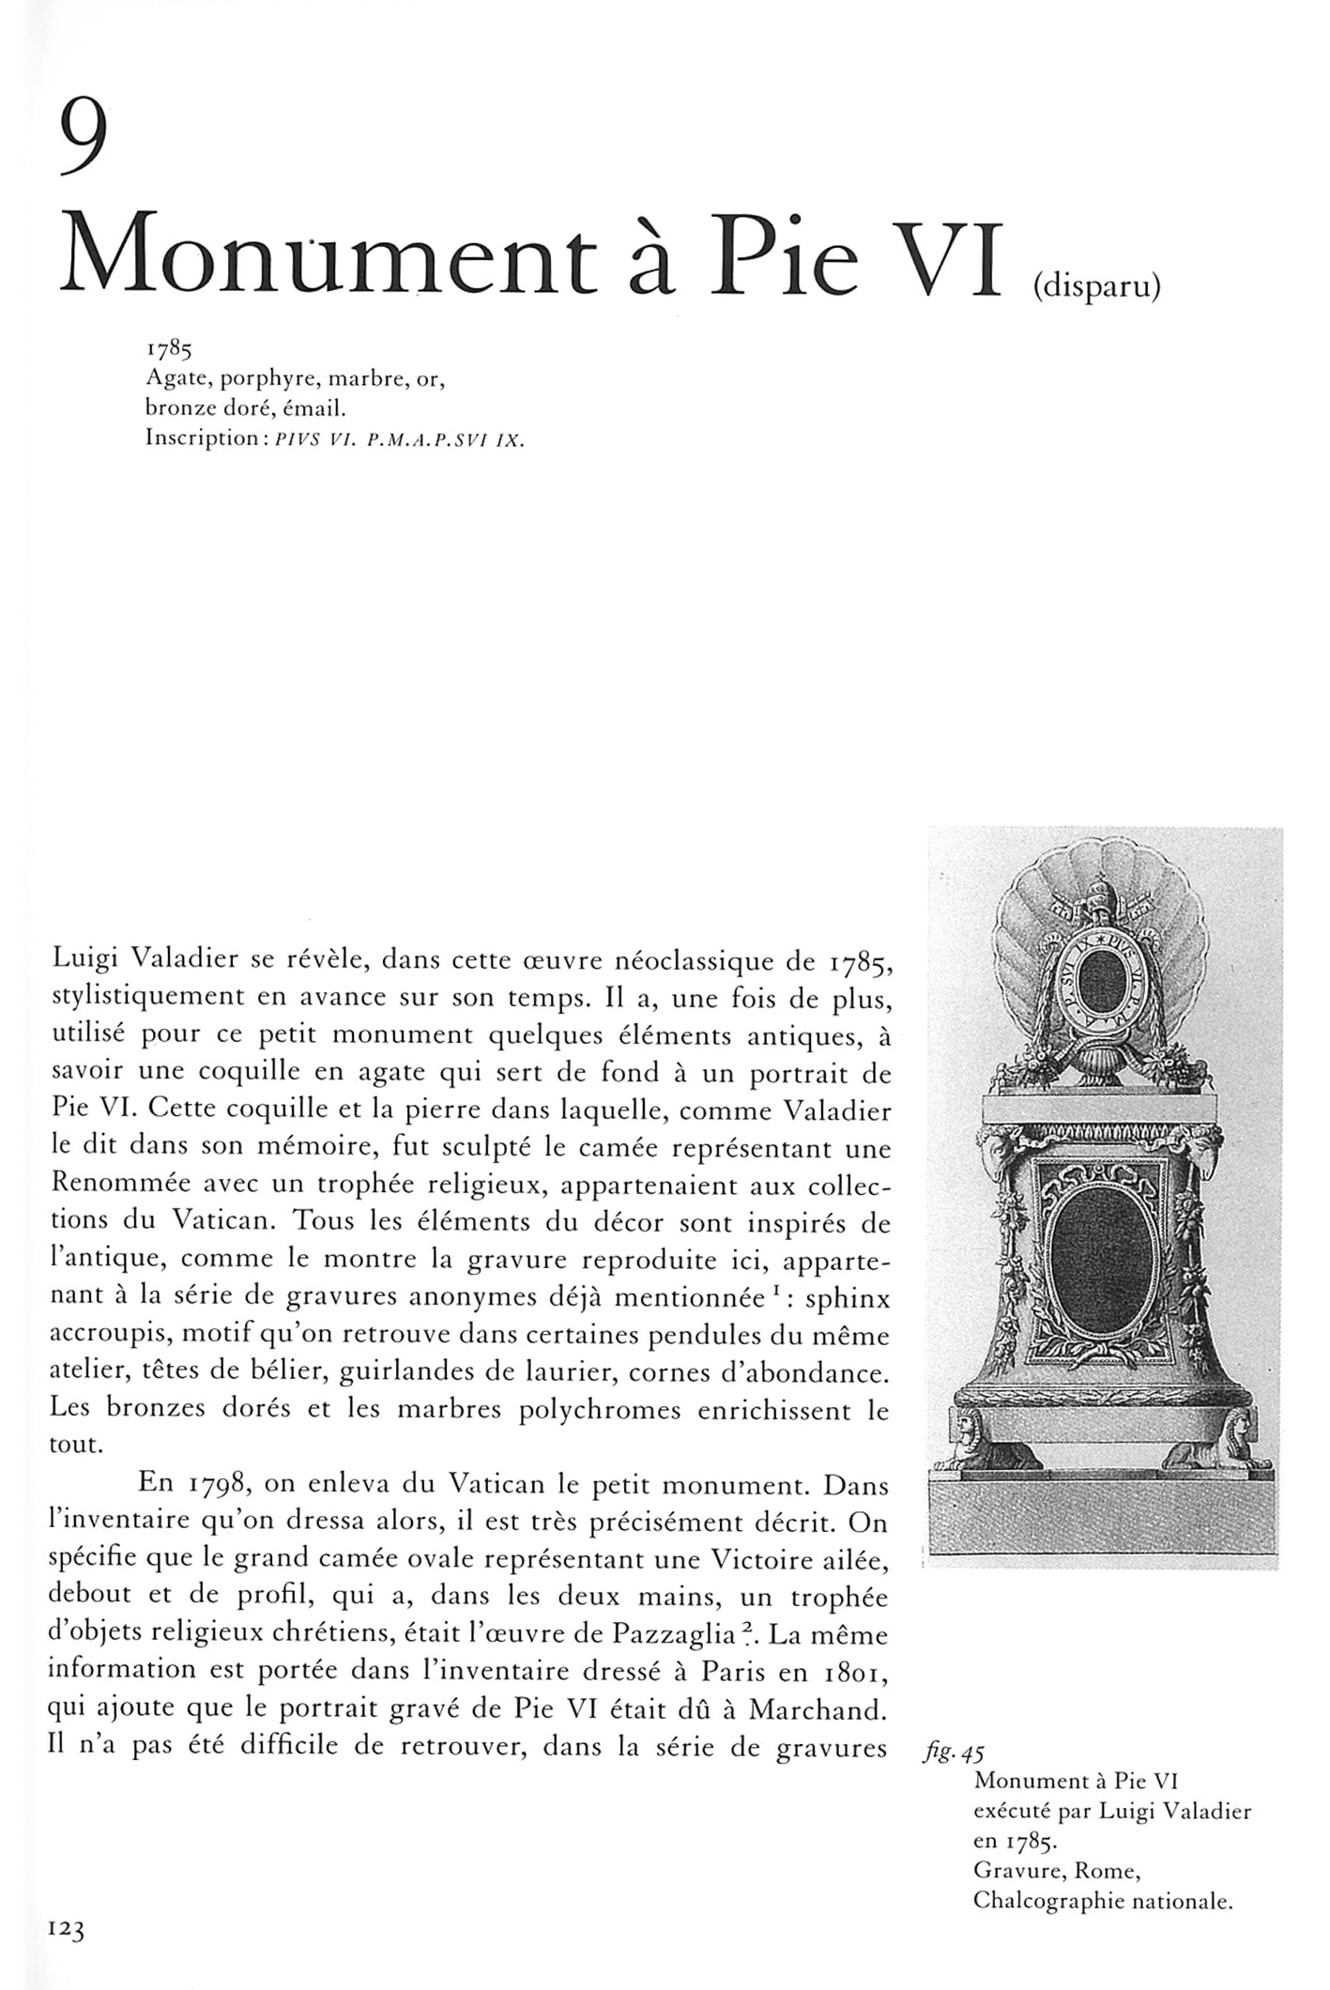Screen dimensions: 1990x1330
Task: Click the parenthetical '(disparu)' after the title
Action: coord(1096,286)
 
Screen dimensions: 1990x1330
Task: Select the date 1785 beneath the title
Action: coord(168,351)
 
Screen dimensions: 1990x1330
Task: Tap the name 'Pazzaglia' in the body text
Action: coord(673,1634)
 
